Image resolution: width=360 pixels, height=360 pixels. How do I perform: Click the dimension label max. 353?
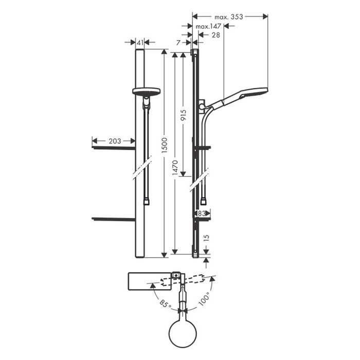(x=228, y=17)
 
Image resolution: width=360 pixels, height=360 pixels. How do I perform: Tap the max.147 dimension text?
(x=208, y=26)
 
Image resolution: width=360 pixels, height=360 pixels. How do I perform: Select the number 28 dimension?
(x=215, y=35)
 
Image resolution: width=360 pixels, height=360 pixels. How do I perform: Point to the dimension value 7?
(x=178, y=43)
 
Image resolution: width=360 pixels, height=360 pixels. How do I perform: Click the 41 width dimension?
(x=140, y=43)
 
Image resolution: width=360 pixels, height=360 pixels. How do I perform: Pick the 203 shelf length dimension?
(x=115, y=141)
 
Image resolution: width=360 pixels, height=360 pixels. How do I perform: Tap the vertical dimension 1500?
(x=165, y=146)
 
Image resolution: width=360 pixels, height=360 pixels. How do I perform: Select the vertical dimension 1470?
(x=175, y=168)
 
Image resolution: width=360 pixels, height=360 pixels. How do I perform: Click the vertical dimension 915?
(x=183, y=116)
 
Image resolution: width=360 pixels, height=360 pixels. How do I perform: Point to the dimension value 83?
(x=202, y=213)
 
